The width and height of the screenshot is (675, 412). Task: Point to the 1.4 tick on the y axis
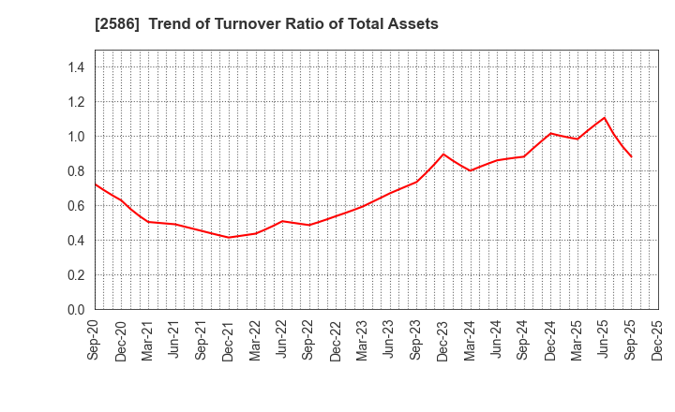click(76, 67)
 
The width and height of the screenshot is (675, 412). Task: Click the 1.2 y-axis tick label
click(76, 102)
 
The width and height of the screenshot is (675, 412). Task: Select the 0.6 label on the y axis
click(76, 206)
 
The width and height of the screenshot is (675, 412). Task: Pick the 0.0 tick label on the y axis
click(76, 310)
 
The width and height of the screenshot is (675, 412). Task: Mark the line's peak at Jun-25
click(605, 118)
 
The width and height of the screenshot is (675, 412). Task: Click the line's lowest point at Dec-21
click(229, 237)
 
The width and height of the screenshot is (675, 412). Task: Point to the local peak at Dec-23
click(443, 154)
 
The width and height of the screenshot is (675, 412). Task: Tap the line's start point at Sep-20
click(96, 184)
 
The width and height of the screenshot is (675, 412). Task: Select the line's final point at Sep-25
click(631, 156)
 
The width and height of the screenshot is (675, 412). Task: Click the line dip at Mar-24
click(471, 170)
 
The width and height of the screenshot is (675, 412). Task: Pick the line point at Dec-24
click(551, 133)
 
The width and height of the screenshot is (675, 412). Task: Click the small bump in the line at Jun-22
click(282, 221)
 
